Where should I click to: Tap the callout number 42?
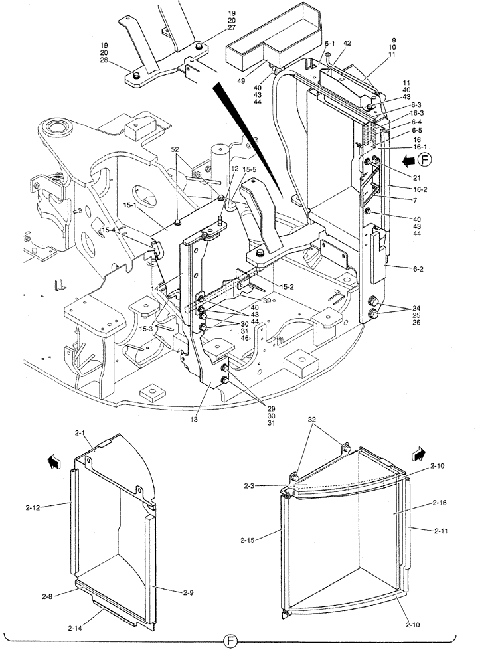(347, 43)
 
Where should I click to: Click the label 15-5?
(249, 170)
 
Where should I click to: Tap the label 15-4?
(109, 230)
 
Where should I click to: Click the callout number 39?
(266, 301)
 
